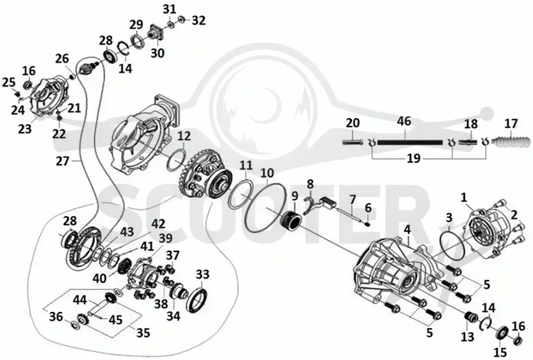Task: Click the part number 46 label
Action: pos(404,121)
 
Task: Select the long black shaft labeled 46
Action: pos(410,143)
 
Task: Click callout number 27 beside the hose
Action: pos(63,161)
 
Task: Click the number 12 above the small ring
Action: pos(184,136)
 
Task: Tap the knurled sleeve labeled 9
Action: pos(292,221)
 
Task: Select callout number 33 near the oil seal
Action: pos(203,273)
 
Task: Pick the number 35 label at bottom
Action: pos(143,332)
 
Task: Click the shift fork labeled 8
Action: pos(309,205)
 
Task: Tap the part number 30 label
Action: pos(157,53)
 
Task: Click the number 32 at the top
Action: pos(199,21)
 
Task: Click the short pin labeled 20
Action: pos(353,141)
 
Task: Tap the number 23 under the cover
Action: pos(25,129)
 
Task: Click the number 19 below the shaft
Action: pos(414,159)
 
